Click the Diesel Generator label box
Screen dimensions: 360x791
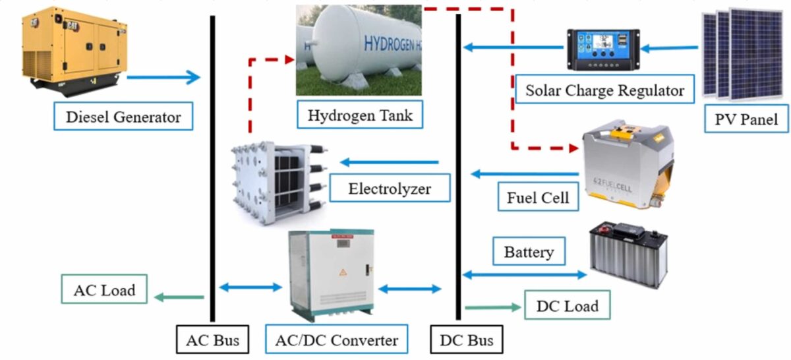coord(123,117)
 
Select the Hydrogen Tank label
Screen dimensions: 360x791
coord(361,116)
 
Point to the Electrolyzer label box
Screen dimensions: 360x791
coord(390,189)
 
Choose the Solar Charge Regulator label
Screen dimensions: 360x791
coord(604,90)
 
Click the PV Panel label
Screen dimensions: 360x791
coord(746,119)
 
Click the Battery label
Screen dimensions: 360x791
coord(529,252)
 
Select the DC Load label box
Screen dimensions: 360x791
coord(567,305)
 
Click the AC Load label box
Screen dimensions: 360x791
coord(104,289)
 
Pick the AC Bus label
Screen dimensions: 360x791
coord(212,340)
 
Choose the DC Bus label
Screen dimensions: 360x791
coord(466,340)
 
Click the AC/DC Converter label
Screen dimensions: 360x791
coord(336,340)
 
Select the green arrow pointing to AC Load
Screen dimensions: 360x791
coord(179,297)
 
